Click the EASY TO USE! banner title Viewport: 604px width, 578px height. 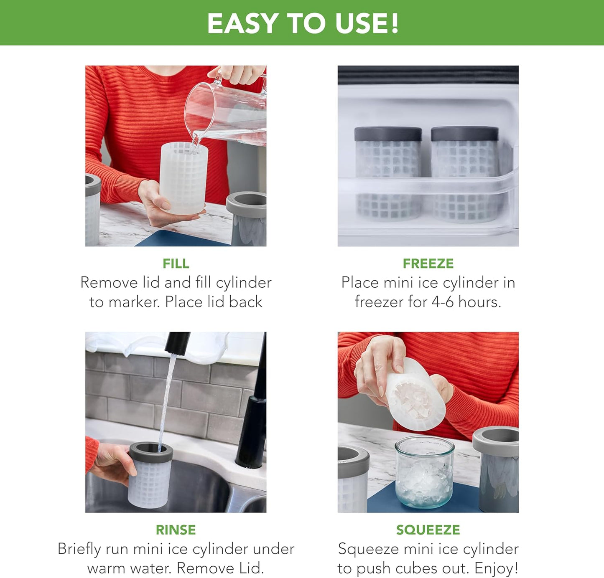[x=303, y=23]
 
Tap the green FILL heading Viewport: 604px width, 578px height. [x=176, y=264]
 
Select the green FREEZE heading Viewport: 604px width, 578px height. [x=428, y=264]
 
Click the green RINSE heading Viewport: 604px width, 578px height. [x=176, y=530]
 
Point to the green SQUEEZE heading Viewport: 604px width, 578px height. [x=428, y=530]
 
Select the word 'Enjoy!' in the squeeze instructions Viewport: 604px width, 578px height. [x=496, y=568]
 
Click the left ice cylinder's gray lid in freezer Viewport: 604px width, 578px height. [x=388, y=134]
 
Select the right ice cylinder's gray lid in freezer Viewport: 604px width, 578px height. [x=464, y=134]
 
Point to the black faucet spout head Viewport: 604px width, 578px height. [x=177, y=342]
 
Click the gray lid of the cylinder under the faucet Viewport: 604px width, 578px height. [x=151, y=452]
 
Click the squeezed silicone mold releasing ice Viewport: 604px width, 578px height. [x=414, y=397]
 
